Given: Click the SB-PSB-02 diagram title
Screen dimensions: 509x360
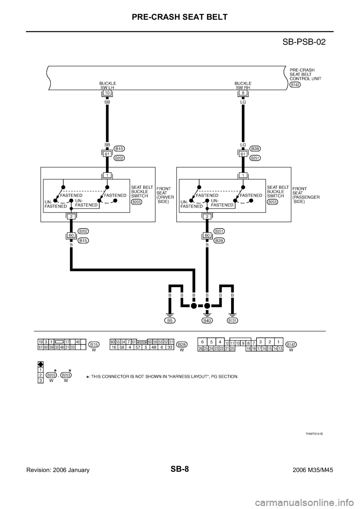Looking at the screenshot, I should click(x=303, y=41).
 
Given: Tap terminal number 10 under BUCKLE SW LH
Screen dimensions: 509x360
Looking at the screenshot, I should click(x=107, y=92).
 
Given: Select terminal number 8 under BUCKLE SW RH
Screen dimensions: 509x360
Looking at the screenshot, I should click(x=243, y=92).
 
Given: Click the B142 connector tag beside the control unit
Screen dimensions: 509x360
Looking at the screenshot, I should click(x=295, y=85).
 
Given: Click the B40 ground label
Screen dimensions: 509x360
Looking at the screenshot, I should click(x=207, y=321).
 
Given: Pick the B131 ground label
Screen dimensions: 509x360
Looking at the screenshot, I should click(x=232, y=321).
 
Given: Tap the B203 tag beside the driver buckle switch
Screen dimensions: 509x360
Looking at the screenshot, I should click(x=136, y=201).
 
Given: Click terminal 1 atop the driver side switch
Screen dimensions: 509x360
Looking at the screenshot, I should click(x=107, y=175).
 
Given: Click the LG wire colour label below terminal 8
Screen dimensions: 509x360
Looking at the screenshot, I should click(x=243, y=102).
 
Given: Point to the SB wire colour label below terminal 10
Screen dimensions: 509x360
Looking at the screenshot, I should click(x=107, y=102).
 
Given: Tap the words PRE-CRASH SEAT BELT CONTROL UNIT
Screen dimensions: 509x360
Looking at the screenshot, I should click(x=304, y=75).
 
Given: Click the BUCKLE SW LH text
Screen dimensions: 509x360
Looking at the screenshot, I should click(x=107, y=85).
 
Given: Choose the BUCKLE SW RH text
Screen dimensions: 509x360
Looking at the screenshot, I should click(x=243, y=85).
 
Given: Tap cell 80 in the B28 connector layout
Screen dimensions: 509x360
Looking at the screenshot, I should click(x=112, y=341).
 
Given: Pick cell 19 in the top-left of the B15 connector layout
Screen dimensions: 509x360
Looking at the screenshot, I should click(x=40, y=341).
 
